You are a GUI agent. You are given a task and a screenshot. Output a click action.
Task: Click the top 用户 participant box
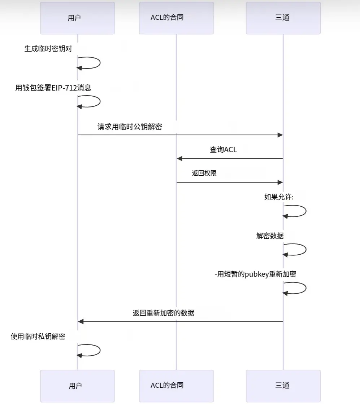coord(77,18)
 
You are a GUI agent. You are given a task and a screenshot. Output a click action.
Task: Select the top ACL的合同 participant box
coord(176,18)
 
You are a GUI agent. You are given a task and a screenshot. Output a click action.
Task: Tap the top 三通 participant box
coord(283,18)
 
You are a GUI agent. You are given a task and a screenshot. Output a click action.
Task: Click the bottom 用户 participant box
coord(77,386)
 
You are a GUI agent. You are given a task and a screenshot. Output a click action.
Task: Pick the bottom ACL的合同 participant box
coord(176,386)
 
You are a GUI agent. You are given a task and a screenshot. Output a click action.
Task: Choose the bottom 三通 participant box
coord(283,386)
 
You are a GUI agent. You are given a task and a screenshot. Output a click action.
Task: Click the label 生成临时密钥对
coord(48,49)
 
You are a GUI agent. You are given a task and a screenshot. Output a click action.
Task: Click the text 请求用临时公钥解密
coord(130,127)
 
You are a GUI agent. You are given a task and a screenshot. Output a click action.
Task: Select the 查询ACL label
coord(224,149)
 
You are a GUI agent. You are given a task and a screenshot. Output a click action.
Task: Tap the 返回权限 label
coord(204,173)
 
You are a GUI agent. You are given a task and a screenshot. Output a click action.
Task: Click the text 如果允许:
coord(279,197)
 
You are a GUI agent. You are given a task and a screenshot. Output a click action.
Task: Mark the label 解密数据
coord(270,236)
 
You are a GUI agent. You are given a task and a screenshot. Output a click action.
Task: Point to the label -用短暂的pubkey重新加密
coord(255,274)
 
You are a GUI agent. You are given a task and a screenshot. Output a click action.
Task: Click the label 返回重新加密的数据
coord(164,313)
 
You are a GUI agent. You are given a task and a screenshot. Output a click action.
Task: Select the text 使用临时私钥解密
coord(38,337)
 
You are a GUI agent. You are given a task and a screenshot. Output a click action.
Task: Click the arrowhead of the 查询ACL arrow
coord(179,159)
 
